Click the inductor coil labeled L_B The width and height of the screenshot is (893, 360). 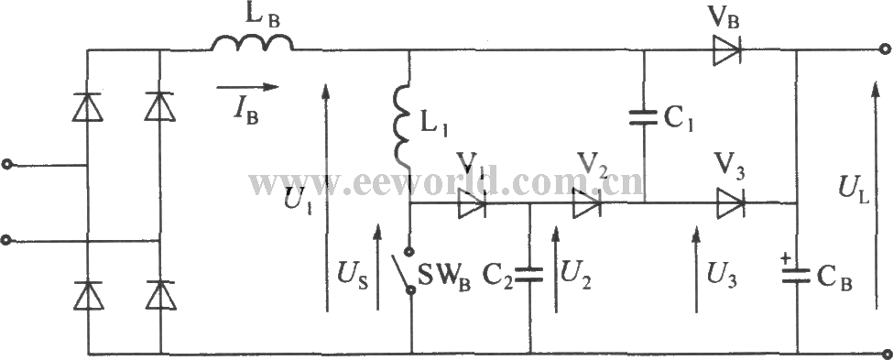coord(253,42)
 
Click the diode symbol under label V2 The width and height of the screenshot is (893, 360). coord(586,203)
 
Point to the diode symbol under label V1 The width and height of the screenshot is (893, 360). coord(471,204)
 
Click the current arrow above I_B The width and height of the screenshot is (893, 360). coord(246,87)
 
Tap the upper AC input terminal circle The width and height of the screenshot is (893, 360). coord(8,166)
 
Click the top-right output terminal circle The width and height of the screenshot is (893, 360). coord(884,53)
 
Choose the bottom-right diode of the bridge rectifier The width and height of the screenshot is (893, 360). coord(160,293)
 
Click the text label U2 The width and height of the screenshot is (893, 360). coord(575,273)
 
